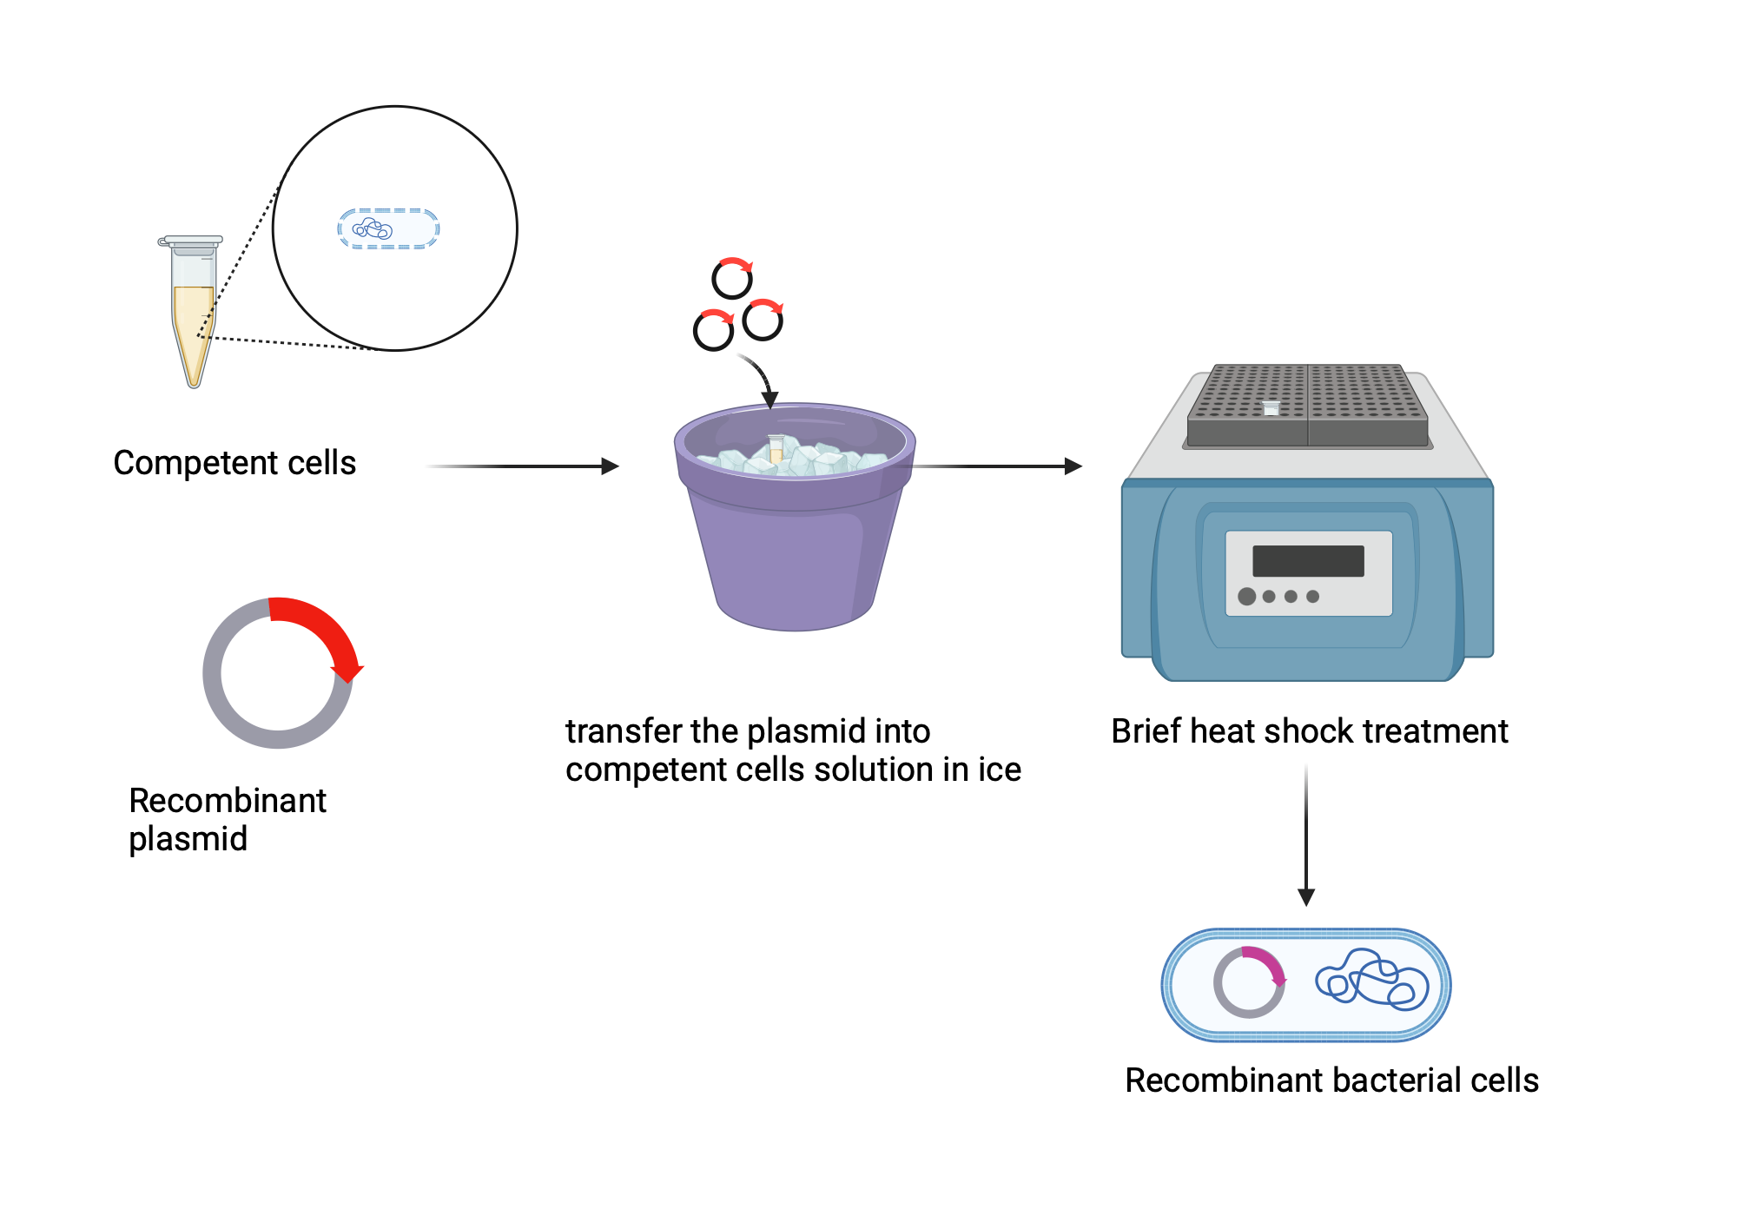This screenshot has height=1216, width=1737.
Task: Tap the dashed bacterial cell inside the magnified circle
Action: tap(388, 229)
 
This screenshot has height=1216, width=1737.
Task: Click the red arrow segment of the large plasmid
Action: tap(321, 630)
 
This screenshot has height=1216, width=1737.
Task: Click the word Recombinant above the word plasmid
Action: tap(227, 801)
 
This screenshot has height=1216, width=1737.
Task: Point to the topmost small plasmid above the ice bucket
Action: tap(732, 279)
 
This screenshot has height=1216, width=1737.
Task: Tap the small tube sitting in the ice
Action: tap(776, 448)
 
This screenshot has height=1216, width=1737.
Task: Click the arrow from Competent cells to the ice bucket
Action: tap(521, 466)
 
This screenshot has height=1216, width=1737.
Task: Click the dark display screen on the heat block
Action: tap(1308, 561)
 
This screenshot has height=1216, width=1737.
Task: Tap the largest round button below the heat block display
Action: tap(1246, 597)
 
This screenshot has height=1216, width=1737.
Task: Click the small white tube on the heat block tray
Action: tap(1271, 407)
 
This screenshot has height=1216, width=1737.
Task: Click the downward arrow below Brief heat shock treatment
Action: tap(1306, 834)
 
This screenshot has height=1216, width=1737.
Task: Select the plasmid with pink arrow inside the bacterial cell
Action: tap(1249, 982)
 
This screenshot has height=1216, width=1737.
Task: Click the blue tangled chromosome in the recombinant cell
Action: tap(1372, 980)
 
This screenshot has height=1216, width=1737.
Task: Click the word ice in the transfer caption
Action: tap(999, 770)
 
